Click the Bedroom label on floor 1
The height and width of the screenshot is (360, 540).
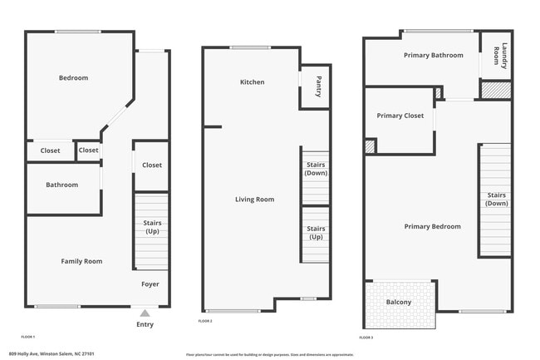tap(73, 78)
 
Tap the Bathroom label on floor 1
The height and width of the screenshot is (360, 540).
tap(61, 185)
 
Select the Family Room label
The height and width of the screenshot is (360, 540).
tap(81, 261)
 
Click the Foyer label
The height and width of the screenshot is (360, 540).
tap(150, 284)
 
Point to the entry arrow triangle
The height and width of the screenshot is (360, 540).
tap(145, 313)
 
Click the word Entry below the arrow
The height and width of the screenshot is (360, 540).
tap(145, 324)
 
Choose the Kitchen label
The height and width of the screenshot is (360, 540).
tap(252, 82)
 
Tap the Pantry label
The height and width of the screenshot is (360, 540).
tap(319, 87)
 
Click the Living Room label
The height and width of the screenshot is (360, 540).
tap(254, 200)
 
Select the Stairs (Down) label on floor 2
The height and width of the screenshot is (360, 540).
tap(316, 169)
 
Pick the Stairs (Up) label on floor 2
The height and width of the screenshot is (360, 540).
tap(316, 232)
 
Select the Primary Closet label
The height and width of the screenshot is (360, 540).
tap(400, 116)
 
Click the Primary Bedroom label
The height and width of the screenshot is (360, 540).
tap(432, 226)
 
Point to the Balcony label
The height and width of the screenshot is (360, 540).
tap(399, 302)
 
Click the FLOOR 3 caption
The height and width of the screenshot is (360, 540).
tap(366, 338)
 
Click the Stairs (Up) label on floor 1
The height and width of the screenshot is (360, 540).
tap(152, 227)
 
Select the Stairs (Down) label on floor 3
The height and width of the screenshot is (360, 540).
tap(497, 199)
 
